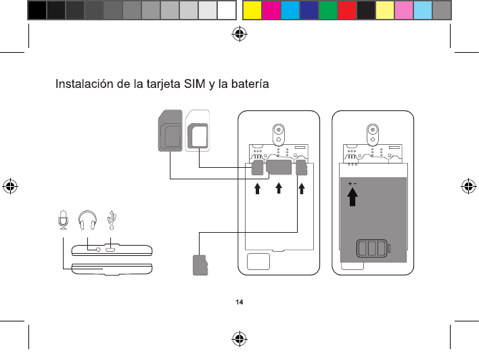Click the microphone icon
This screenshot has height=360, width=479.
click(62, 220)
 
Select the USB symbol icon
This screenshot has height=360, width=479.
click(113, 219)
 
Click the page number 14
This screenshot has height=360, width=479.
click(239, 302)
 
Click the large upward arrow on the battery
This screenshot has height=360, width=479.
click(352, 197)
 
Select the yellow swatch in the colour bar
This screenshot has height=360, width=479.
click(252, 10)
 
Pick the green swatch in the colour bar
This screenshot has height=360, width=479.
click(328, 10)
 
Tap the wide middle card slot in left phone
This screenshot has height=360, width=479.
click(278, 166)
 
